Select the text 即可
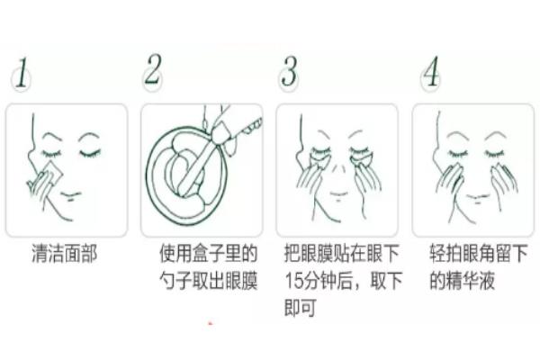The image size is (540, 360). (297, 308)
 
